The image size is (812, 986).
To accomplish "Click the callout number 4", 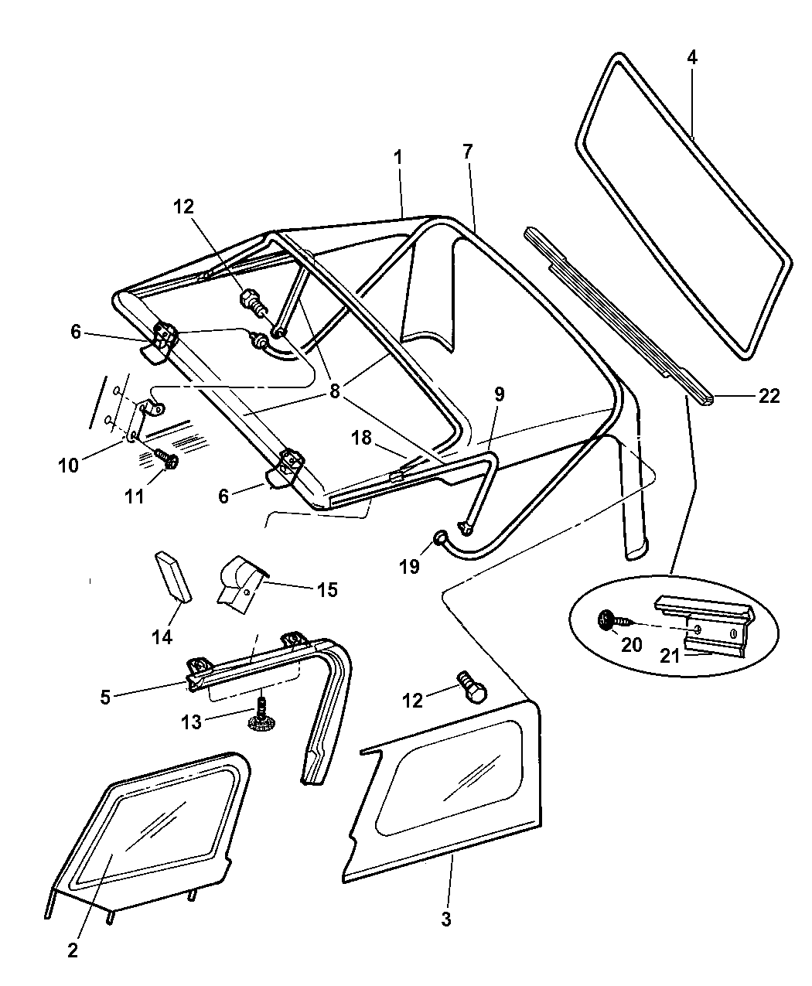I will [692, 58].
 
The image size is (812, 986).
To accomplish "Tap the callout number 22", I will [769, 396].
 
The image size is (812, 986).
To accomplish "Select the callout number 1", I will [397, 157].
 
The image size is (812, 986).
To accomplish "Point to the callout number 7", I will [468, 152].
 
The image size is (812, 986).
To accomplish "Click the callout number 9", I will [499, 394].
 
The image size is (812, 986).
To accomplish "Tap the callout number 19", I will [409, 567].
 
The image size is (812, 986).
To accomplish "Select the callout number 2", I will [72, 951].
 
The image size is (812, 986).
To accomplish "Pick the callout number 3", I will [445, 919].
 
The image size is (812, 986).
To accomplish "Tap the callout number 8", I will [334, 391].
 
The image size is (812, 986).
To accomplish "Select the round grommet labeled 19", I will [439, 538].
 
